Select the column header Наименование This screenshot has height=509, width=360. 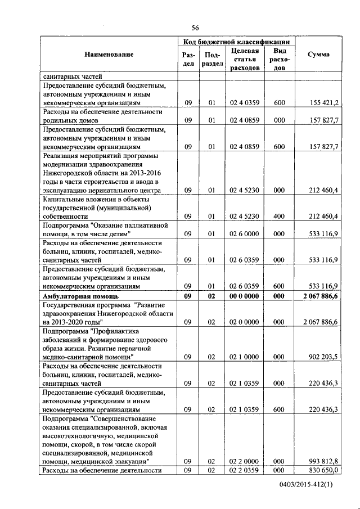109,55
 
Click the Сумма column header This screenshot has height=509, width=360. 319,55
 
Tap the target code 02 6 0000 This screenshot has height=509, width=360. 245,233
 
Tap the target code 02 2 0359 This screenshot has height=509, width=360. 245,470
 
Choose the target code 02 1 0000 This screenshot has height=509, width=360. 245,357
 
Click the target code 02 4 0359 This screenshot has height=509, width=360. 245,103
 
